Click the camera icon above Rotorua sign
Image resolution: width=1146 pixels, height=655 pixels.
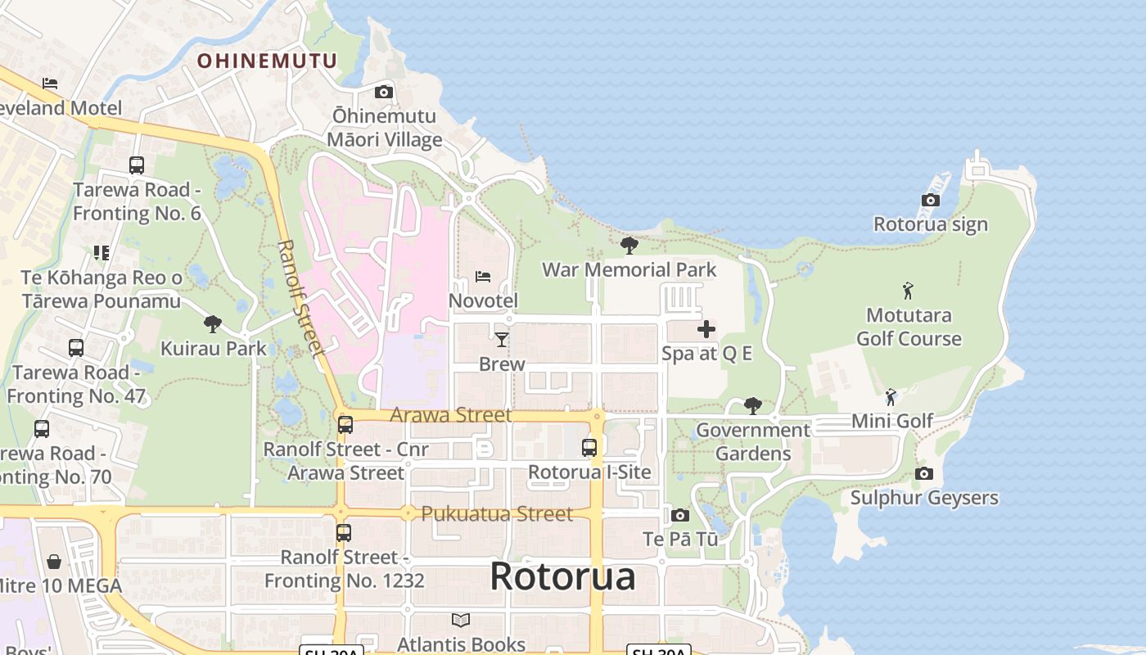[930, 200]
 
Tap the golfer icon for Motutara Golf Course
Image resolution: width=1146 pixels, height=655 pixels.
[907, 291]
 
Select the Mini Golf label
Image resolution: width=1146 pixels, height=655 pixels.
[892, 421]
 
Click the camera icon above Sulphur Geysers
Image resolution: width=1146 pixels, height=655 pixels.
[924, 473]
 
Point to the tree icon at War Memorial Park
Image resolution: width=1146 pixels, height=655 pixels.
[629, 245]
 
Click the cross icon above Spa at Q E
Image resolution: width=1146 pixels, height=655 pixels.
[706, 329]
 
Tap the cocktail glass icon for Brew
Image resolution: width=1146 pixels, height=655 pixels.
[502, 339]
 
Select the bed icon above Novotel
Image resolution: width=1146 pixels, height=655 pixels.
[483, 277]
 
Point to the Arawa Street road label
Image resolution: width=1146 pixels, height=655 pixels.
[451, 414]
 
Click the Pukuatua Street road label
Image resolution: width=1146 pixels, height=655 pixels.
[497, 514]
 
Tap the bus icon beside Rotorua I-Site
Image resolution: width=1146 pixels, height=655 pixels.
[589, 447]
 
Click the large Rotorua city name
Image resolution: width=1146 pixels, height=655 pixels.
[562, 576]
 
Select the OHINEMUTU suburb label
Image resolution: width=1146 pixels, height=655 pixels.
[267, 61]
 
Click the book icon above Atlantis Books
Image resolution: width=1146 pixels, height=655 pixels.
[461, 620]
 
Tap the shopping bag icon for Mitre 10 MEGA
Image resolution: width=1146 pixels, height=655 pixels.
[54, 561]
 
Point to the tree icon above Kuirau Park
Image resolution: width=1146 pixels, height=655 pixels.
[213, 323]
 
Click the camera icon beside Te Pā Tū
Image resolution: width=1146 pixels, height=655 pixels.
[679, 515]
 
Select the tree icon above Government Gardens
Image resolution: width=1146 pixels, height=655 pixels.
[752, 405]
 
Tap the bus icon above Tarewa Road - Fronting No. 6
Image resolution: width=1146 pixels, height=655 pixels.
[137, 165]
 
